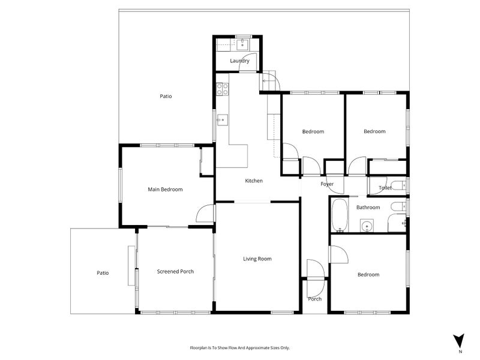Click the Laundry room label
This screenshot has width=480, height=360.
[239, 61]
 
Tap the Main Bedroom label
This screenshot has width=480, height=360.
[165, 190]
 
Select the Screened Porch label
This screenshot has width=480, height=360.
[175, 271]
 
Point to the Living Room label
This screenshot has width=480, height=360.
[257, 259]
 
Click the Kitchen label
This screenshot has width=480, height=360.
[254, 181]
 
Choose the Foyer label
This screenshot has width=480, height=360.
[327, 184]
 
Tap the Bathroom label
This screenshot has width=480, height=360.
[368, 207]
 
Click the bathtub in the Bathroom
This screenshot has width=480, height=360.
[340, 215]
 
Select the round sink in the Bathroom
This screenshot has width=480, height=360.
[367, 226]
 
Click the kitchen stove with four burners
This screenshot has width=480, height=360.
[223, 89]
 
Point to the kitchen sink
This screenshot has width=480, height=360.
[223, 120]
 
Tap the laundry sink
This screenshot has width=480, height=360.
[243, 44]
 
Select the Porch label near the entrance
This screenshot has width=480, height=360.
[314, 299]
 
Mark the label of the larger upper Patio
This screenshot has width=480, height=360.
[166, 96]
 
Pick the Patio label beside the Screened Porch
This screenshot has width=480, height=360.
[103, 273]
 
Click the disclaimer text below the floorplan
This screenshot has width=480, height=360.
[239, 348]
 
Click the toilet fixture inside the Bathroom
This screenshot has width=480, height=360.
[398, 206]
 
